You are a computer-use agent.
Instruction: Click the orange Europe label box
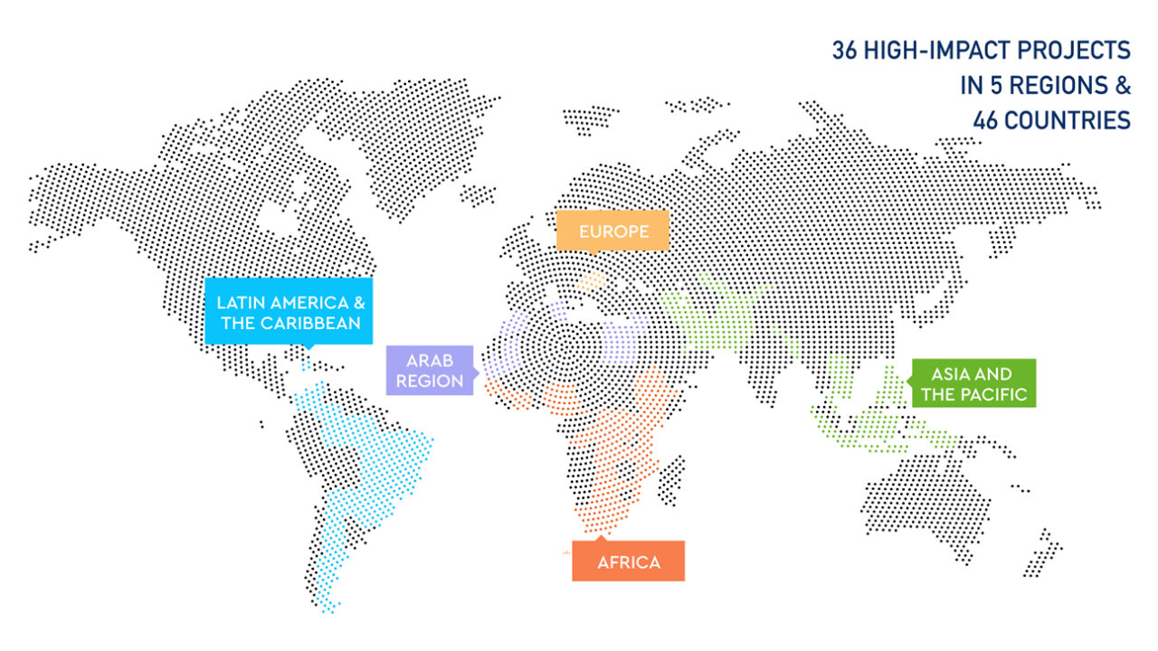[x=613, y=231]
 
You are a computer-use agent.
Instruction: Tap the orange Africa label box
[x=628, y=561]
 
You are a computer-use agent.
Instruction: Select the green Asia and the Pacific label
[x=973, y=383]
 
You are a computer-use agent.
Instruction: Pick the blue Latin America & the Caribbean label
[x=289, y=312]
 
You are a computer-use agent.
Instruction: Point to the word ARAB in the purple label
[x=431, y=360]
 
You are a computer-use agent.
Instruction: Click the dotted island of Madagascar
[x=671, y=479]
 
